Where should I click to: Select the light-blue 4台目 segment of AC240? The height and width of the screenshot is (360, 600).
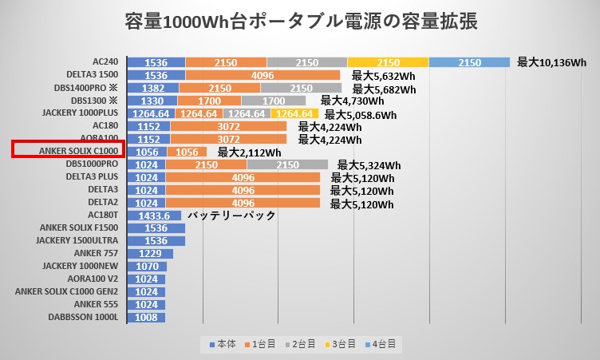click(x=469, y=62)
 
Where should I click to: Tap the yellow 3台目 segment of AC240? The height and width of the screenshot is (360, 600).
click(x=388, y=62)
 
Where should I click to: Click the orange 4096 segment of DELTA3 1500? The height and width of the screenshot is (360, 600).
click(x=262, y=75)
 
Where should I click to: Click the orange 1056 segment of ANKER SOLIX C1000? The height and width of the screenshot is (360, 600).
click(x=187, y=152)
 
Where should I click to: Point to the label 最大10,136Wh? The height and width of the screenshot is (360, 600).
click(x=552, y=62)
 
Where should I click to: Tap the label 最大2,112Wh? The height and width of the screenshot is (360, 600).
click(x=249, y=152)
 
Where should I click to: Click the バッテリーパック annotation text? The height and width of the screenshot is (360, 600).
click(x=231, y=216)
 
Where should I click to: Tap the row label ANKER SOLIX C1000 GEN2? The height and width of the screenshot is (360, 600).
click(x=68, y=291)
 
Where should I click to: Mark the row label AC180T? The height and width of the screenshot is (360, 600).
click(x=105, y=216)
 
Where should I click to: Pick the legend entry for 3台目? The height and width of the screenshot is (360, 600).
click(x=343, y=344)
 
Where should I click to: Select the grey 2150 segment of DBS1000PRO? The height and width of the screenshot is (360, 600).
click(x=287, y=164)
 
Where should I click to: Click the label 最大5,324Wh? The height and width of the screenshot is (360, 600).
click(x=369, y=165)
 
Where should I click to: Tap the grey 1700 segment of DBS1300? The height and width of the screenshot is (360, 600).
click(x=274, y=101)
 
